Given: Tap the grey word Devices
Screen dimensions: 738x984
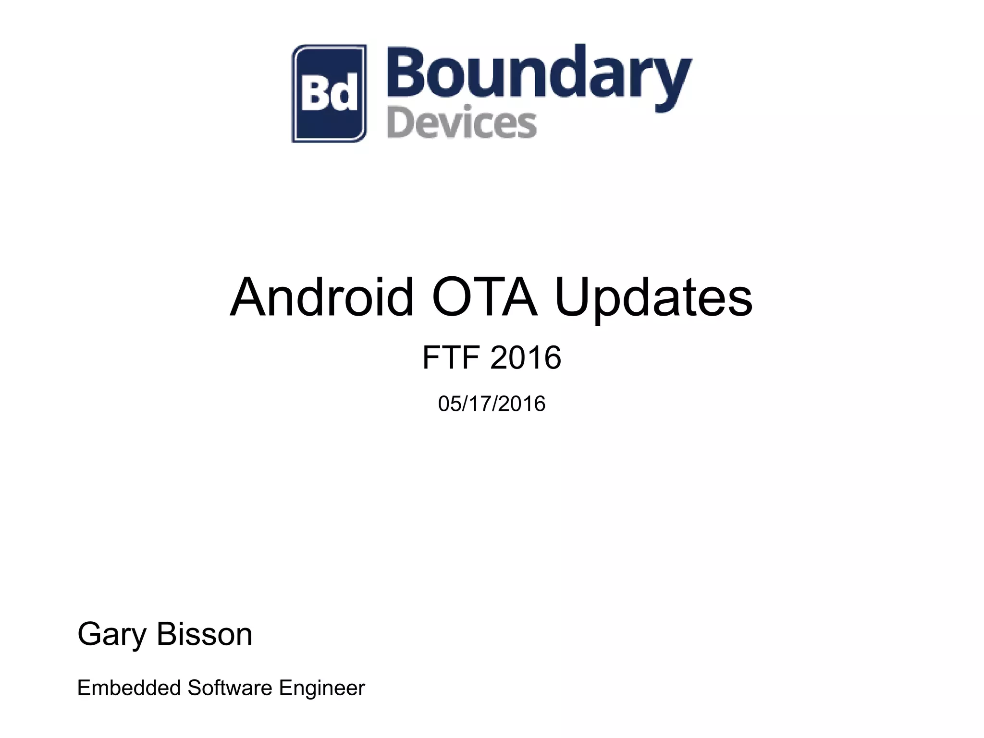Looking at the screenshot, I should (x=462, y=124).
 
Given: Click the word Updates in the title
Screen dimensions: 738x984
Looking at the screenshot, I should (x=653, y=298).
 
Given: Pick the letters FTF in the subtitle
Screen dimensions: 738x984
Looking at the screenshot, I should (x=451, y=357).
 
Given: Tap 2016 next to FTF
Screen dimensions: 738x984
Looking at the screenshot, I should (x=526, y=357).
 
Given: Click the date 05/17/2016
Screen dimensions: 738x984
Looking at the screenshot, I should (x=492, y=404).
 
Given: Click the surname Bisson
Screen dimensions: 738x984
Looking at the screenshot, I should (x=204, y=634).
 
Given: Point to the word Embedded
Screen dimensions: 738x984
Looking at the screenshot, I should (x=129, y=688).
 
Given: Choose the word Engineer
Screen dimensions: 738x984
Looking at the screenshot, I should (x=322, y=689).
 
